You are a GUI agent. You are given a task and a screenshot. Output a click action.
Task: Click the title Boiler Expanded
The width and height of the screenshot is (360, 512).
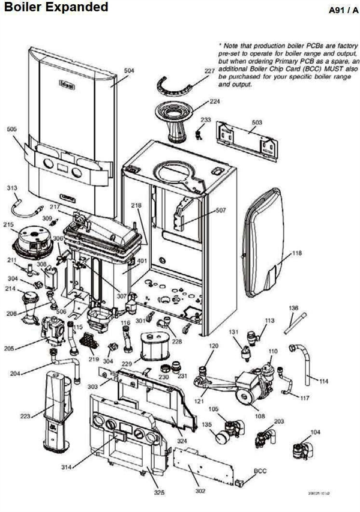point(56,8)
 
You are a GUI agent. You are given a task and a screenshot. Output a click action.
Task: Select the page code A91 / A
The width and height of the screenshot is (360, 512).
point(341,10)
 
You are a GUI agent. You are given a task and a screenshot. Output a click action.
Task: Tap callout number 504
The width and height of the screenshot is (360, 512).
point(129,70)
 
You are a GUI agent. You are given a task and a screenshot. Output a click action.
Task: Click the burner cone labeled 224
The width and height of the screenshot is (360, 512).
point(178,121)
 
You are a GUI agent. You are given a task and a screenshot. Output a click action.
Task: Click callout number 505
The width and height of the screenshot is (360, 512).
point(12,128)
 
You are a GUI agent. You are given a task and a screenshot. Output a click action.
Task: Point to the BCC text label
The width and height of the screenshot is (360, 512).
point(260,471)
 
